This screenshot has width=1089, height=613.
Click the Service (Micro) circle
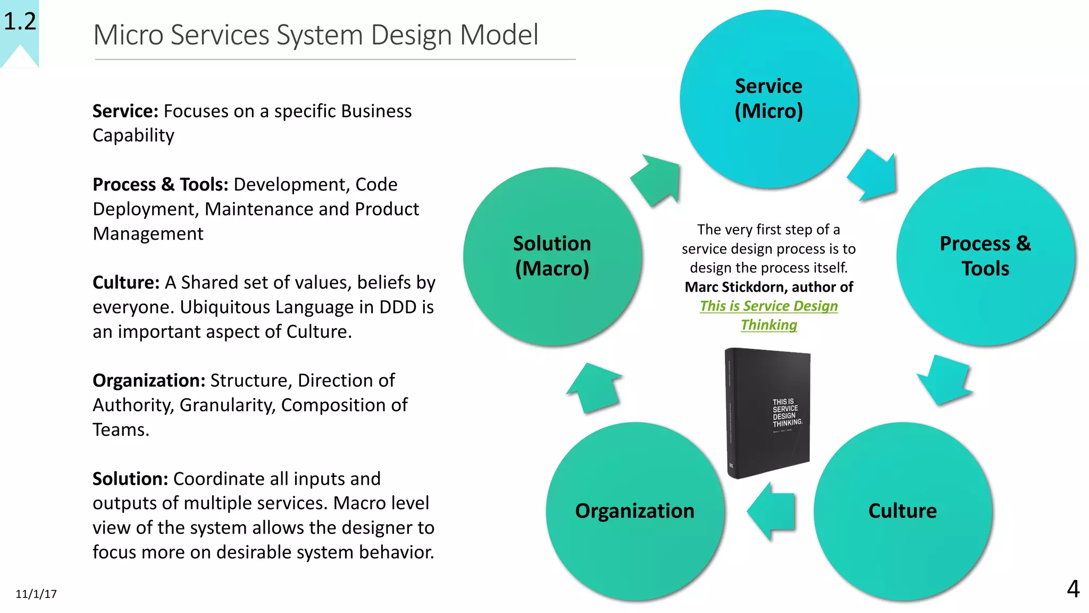click(768, 99)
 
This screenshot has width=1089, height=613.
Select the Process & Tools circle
click(985, 256)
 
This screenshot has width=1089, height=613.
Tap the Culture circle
click(902, 511)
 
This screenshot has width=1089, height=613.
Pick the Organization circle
click(635, 511)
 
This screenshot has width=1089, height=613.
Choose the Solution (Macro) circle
click(552, 256)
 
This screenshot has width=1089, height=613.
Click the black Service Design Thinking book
click(768, 412)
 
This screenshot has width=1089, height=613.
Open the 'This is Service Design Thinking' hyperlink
click(769, 306)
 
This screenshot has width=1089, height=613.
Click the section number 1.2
click(20, 21)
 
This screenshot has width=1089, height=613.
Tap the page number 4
click(1073, 589)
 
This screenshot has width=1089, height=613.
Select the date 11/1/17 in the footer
click(36, 594)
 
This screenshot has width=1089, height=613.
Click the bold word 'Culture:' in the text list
click(126, 283)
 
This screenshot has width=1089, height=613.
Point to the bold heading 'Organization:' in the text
click(149, 380)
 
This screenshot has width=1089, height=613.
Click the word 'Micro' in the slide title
click(128, 35)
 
